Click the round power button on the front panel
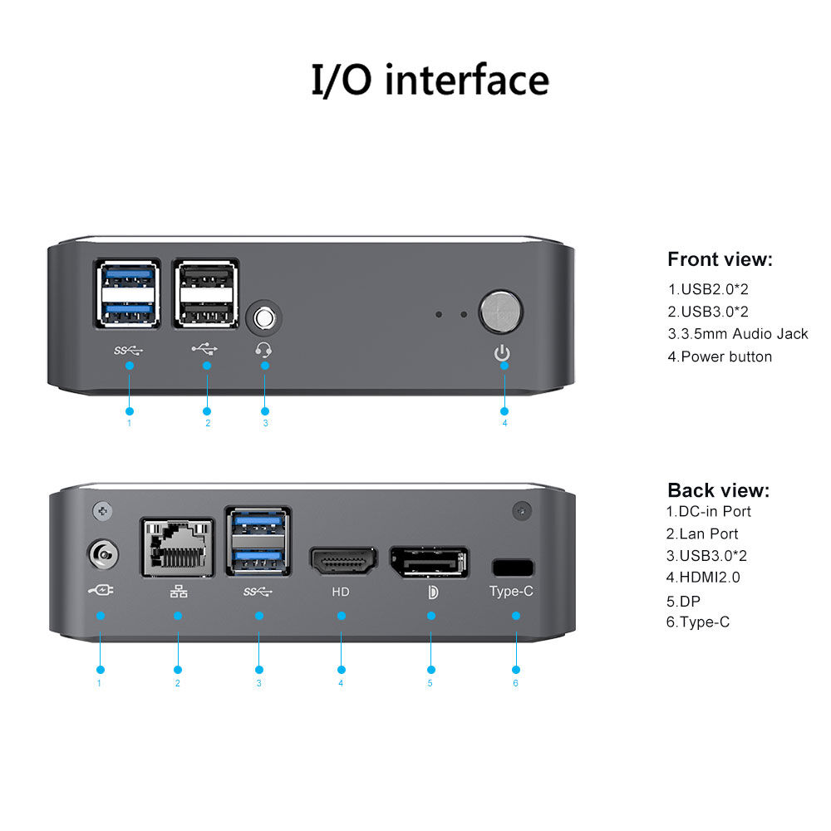point(502,311)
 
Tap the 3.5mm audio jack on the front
point(265,317)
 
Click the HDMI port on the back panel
point(342,563)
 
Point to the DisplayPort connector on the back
point(429,562)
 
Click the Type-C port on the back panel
point(513,568)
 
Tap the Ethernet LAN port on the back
point(177,547)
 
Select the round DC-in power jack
point(101,553)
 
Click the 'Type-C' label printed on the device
point(511,592)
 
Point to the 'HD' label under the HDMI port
point(341,593)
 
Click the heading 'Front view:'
point(720,259)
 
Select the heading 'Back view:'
point(718,489)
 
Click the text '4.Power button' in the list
point(720,356)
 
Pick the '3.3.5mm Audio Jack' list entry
point(738,334)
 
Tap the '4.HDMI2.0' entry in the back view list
point(703,577)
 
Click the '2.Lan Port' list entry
point(702,534)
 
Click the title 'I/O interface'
point(430,81)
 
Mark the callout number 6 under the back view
point(515,683)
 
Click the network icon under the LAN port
point(178,593)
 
